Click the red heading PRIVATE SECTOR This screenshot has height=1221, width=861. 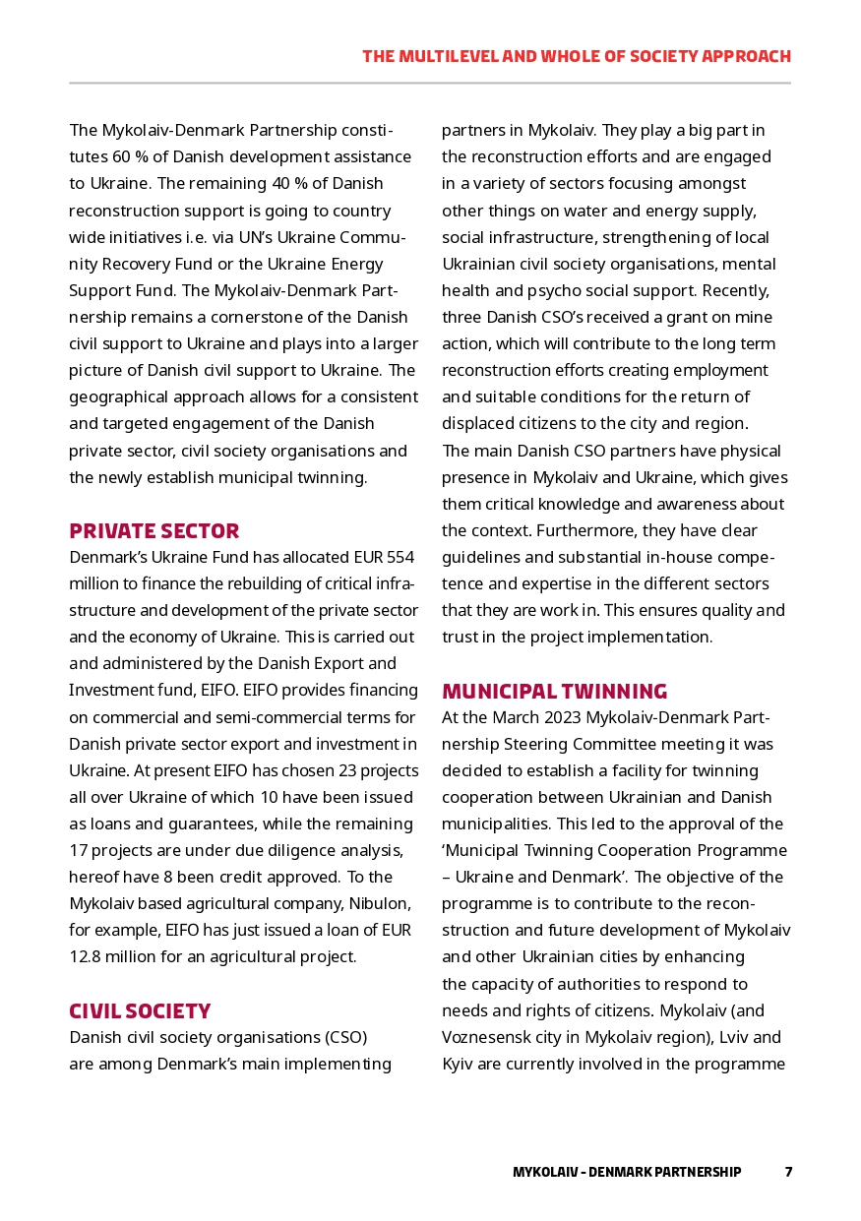[x=154, y=531]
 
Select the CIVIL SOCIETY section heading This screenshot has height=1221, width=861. [x=139, y=1011]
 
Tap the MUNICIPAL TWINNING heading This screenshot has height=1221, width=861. [x=554, y=691]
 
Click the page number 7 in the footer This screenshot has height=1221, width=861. [x=788, y=1172]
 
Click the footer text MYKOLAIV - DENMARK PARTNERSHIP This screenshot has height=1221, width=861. [x=626, y=1172]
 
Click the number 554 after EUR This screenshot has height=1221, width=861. [x=400, y=558]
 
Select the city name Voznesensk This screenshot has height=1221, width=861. [x=486, y=1037]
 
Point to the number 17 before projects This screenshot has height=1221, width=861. [x=78, y=850]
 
